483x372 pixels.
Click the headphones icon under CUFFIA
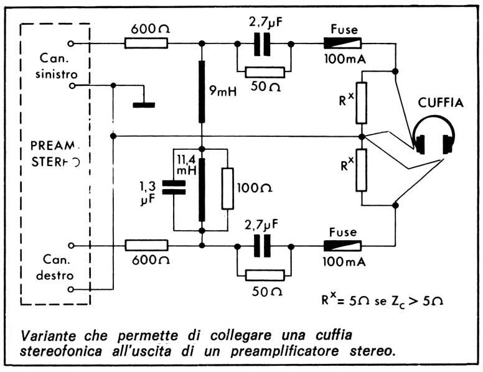pyautogui.click(x=434, y=138)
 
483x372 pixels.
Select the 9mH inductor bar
pyautogui.click(x=202, y=92)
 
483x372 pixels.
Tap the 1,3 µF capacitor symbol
pyautogui.click(x=174, y=188)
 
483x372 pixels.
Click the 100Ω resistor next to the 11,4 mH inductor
pyautogui.click(x=228, y=188)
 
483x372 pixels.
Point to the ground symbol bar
pyautogui.click(x=144, y=105)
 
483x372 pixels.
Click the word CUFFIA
pyautogui.click(x=441, y=103)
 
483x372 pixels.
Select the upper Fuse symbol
pyautogui.click(x=342, y=44)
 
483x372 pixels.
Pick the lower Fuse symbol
pyautogui.click(x=342, y=246)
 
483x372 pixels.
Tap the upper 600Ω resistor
pyautogui.click(x=146, y=43)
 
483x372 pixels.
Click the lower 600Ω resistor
pyautogui.click(x=146, y=246)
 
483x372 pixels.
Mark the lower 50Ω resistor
pyautogui.click(x=265, y=274)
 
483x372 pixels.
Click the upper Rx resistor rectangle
pyautogui.click(x=362, y=102)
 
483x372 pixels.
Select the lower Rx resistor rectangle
pyautogui.click(x=362, y=170)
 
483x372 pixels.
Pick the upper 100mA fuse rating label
pyautogui.click(x=344, y=61)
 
